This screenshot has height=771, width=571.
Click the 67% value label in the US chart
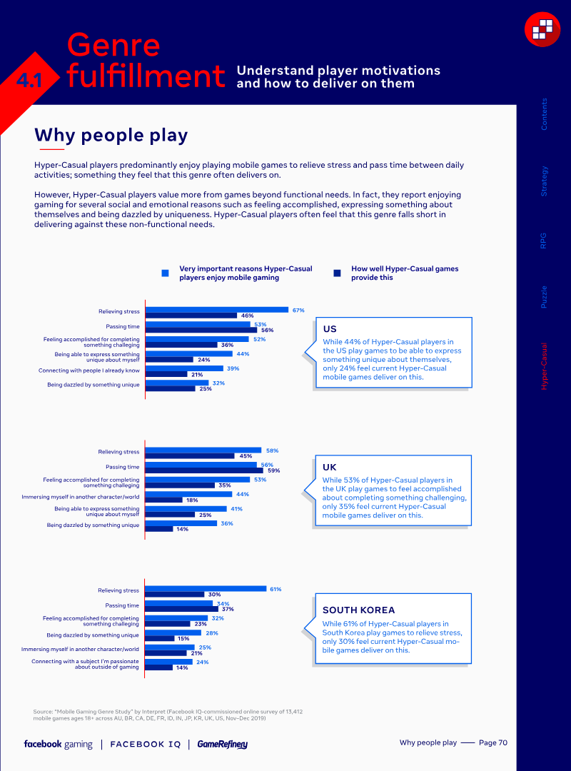pos(298,310)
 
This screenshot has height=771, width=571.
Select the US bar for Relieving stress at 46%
pos(191,315)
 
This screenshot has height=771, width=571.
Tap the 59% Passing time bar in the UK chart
pos(202,470)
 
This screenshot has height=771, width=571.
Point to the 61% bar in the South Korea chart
pos(206,589)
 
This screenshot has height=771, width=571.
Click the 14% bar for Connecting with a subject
pos(158,667)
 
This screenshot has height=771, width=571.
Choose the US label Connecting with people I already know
pos(89,371)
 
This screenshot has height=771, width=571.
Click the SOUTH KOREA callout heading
pos(358,610)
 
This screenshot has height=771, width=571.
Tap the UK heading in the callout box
pos(330,467)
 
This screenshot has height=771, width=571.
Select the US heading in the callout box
pos(330,329)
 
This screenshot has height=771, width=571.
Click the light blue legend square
pos(166,273)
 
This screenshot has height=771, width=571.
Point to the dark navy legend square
pos(337,273)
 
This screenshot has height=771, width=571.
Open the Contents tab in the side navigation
pos(545,114)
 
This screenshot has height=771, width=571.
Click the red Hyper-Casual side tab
pos(545,366)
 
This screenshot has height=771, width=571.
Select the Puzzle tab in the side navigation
pos(545,296)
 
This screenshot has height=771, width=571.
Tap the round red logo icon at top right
pos(542,29)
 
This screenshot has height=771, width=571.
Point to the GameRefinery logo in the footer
pos(222,745)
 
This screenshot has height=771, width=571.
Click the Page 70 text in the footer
pos(492,743)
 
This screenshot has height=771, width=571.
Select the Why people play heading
pos(111,135)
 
